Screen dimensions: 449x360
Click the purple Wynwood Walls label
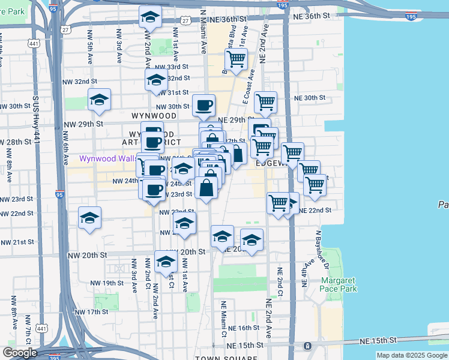107,159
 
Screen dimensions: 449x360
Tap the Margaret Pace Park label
339,284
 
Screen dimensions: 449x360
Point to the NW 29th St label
83,124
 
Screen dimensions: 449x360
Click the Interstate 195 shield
282,5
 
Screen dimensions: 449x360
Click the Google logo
20,353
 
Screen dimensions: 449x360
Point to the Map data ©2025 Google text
412,355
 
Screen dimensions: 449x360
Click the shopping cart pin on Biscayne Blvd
236,59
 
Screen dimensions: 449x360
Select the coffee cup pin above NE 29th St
203,105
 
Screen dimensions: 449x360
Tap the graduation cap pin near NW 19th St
166,262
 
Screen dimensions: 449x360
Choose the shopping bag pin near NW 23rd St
206,187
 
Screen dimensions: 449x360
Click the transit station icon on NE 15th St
307,346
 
